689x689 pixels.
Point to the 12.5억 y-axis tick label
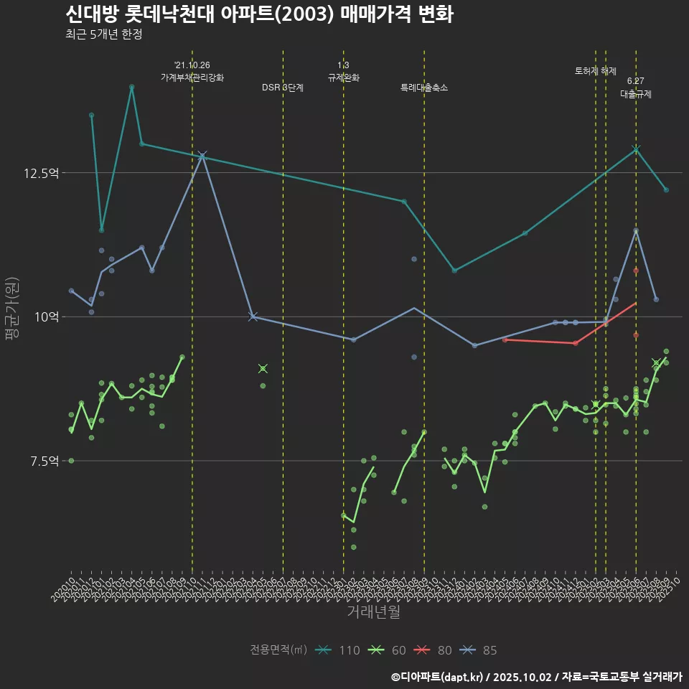tap(43, 173)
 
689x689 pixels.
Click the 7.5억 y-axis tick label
tap(45, 461)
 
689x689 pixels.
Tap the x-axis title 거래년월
tap(373, 611)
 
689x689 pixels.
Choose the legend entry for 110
tap(337, 650)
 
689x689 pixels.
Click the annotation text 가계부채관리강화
tap(192, 78)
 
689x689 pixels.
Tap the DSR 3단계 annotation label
tap(283, 88)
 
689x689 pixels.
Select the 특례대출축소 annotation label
tap(424, 88)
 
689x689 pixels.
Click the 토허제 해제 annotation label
tap(596, 71)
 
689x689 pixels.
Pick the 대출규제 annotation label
tap(636, 94)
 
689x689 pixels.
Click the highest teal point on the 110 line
tap(131, 87)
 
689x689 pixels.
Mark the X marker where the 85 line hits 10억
tap(253, 317)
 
